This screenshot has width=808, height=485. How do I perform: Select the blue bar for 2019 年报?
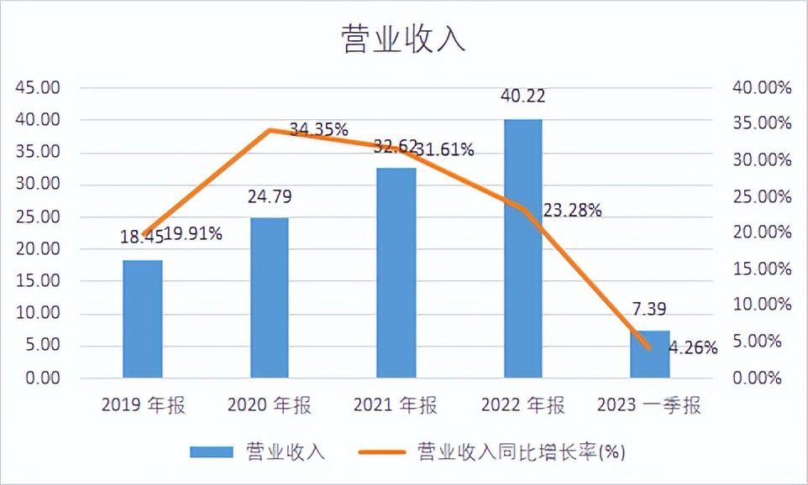142,319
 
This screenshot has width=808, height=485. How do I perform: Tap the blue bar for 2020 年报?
269,298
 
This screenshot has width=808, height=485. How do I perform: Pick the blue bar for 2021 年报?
396,273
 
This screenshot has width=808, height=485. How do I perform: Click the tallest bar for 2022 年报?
522,248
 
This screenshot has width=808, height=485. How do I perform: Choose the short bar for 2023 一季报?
649,354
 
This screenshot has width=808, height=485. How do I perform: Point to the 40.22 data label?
522,96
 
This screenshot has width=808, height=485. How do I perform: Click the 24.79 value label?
269,198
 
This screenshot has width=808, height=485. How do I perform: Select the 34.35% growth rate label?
319,129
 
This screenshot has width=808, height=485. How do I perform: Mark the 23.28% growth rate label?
573,211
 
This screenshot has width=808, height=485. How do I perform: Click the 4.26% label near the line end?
693,347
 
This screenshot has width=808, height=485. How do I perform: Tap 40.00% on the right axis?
762,88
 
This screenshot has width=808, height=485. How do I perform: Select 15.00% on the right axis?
762,269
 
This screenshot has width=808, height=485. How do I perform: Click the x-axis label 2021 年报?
396,406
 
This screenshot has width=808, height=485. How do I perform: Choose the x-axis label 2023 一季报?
649,406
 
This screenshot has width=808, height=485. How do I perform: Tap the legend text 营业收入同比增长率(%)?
521,452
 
